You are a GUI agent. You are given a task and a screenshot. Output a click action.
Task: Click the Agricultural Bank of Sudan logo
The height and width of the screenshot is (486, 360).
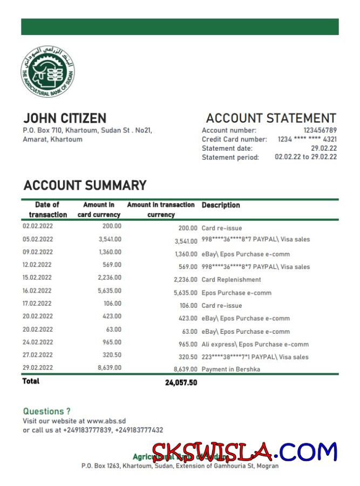(x=47, y=72)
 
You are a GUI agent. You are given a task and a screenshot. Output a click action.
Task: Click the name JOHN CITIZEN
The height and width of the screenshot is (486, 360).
(x=64, y=118)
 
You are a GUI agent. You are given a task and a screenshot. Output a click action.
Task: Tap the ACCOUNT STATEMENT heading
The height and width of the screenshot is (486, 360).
(x=271, y=118)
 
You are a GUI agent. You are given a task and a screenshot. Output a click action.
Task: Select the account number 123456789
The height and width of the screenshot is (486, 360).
(x=320, y=130)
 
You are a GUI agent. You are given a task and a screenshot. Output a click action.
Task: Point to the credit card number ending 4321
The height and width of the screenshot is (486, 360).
(x=307, y=139)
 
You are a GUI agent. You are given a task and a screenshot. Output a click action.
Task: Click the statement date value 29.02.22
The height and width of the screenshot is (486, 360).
(x=324, y=148)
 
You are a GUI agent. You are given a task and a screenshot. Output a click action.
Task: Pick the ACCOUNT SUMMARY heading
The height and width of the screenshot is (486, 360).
(x=85, y=186)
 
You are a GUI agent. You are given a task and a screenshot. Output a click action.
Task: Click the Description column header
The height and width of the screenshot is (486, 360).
(x=221, y=205)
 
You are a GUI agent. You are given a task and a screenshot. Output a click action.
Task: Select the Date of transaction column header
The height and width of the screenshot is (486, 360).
(x=47, y=210)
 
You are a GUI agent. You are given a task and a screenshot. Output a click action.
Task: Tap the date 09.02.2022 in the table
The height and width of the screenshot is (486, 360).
(x=38, y=252)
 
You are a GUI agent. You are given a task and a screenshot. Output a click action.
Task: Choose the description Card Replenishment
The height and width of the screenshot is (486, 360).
(x=231, y=280)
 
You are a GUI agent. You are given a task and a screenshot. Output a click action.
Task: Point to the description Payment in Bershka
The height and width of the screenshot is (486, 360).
(x=230, y=369)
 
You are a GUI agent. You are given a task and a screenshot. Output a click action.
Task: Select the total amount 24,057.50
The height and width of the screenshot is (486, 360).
(x=181, y=382)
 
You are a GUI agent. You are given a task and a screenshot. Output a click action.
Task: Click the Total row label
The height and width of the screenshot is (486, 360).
(x=31, y=381)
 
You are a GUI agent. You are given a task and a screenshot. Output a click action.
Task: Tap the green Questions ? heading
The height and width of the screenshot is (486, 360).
(x=46, y=411)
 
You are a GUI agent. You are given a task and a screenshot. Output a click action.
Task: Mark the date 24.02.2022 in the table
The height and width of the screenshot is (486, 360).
(x=38, y=342)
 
